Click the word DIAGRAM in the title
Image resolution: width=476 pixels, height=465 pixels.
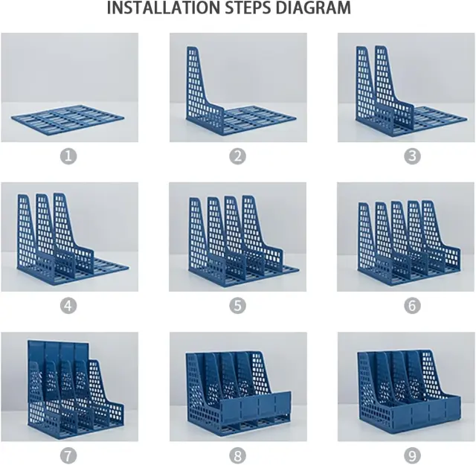coord(313,8)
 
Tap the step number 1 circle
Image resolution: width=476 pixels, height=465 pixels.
coord(68,156)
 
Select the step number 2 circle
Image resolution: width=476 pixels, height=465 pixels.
coord(237,156)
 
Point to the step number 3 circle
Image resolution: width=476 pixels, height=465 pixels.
coord(412,156)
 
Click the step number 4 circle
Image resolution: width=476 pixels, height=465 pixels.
coord(68,306)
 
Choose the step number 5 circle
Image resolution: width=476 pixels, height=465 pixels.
coord(237,306)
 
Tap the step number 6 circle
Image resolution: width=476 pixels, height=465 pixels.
coord(412,306)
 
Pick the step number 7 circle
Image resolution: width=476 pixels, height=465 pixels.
coord(68,455)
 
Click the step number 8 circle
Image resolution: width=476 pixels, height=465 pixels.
coord(237,455)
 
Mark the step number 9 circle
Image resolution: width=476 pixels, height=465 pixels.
coord(412,455)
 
